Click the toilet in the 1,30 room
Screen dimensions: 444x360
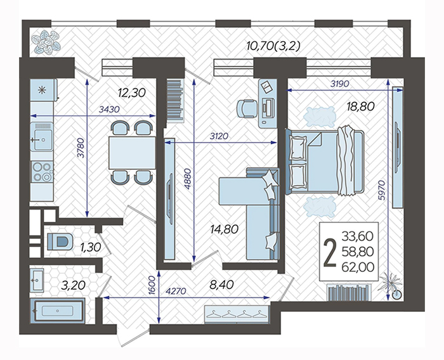pyautogui.click(x=60, y=241)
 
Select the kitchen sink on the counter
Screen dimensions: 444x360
pyautogui.click(x=42, y=136)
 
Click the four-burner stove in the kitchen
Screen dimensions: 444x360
pyautogui.click(x=42, y=172)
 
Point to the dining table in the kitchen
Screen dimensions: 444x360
pyautogui.click(x=132, y=153)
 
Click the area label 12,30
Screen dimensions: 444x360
pyautogui.click(x=132, y=93)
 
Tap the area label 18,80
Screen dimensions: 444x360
pyautogui.click(x=361, y=106)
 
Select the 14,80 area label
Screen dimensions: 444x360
pyautogui.click(x=225, y=229)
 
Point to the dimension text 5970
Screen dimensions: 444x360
pyautogui.click(x=382, y=190)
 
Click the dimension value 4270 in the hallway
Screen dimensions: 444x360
pyautogui.click(x=176, y=291)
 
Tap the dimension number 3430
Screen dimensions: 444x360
pyautogui.click(x=109, y=109)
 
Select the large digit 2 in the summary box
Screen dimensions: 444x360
pyautogui.click(x=330, y=253)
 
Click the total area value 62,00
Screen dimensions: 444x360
pyautogui.click(x=358, y=267)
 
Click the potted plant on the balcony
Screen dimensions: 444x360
pyautogui.click(x=45, y=42)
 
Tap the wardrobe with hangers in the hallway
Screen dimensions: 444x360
pyautogui.click(x=237, y=314)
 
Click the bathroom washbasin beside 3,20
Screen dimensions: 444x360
pyautogui.click(x=37, y=280)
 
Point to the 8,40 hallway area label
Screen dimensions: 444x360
pyautogui.click(x=221, y=285)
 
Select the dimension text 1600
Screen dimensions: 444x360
pyautogui.click(x=152, y=286)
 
